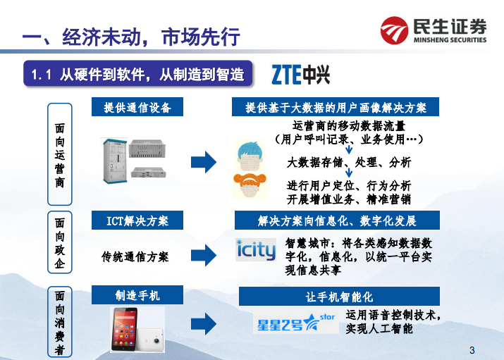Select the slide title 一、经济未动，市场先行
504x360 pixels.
click(x=131, y=36)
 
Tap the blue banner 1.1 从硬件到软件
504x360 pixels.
click(x=138, y=74)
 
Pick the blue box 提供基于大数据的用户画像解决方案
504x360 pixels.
click(x=336, y=108)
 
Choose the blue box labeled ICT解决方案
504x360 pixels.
click(x=137, y=220)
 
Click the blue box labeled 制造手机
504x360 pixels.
click(x=137, y=294)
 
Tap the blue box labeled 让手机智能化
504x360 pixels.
click(x=339, y=297)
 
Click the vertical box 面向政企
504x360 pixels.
click(x=60, y=243)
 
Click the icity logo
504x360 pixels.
click(x=256, y=249)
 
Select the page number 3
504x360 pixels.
click(x=472, y=350)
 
